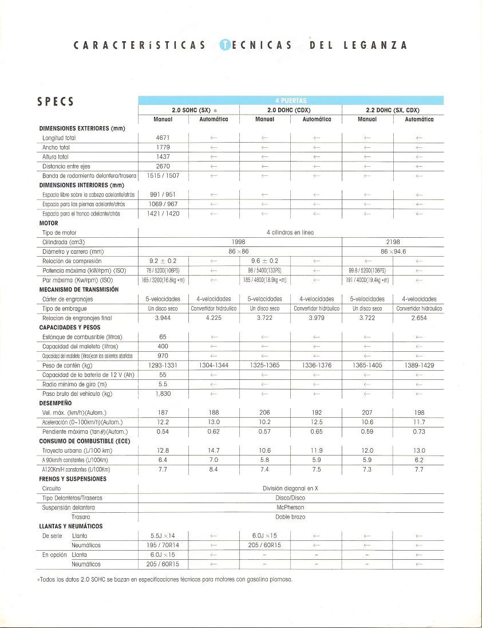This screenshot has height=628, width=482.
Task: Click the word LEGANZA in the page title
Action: pyautogui.click(x=376, y=46)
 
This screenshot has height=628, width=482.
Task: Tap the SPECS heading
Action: pyautogui.click(x=55, y=102)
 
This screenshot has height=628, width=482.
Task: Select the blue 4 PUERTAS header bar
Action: pyautogui.click(x=291, y=100)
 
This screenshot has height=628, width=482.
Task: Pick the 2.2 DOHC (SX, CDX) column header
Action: pyautogui.click(x=393, y=110)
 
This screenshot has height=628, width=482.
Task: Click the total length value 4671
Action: pyautogui.click(x=163, y=138)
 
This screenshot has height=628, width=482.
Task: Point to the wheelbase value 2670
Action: pyautogui.click(x=163, y=166)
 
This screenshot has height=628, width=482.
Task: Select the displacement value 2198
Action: pyautogui.click(x=393, y=242)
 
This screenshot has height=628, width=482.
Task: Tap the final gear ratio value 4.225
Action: pyautogui.click(x=213, y=317)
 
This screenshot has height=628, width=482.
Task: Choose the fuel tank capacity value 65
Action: pyautogui.click(x=163, y=337)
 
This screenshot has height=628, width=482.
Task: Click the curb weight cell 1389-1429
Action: pyautogui.click(x=419, y=365)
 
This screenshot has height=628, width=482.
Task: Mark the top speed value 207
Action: pyautogui.click(x=367, y=413)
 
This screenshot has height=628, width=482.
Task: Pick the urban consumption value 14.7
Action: pyautogui.click(x=213, y=450)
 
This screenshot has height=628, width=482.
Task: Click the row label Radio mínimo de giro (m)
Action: pyautogui.click(x=74, y=384)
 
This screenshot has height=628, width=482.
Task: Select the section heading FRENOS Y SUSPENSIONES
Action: pyautogui.click(x=73, y=478)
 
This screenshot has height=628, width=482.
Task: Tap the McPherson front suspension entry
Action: pyautogui.click(x=291, y=507)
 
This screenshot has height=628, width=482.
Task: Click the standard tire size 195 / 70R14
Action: pyautogui.click(x=163, y=545)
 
